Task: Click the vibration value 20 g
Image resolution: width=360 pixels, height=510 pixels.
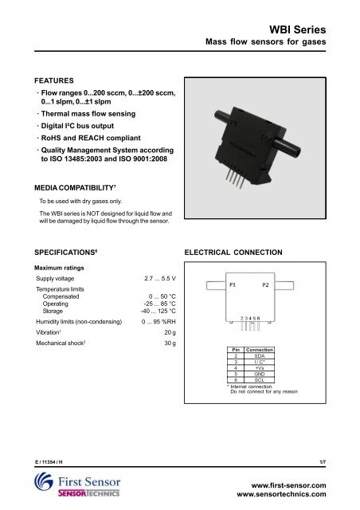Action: tap(169, 331)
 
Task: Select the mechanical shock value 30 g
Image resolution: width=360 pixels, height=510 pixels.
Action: tap(169, 344)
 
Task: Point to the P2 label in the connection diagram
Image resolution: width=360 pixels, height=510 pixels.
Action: tap(265, 284)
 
